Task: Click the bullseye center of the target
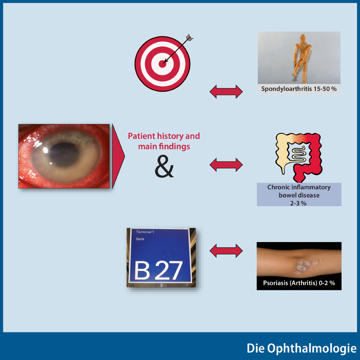[162, 64]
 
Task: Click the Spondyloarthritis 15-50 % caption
[299, 89]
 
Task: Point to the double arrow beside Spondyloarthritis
[226, 91]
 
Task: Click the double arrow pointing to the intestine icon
[226, 165]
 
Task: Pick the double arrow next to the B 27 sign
[226, 251]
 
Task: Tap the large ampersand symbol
[164, 166]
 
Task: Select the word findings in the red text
[174, 146]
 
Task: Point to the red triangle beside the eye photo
[118, 156]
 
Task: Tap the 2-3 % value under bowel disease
[298, 203]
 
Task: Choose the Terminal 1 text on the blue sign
[145, 232]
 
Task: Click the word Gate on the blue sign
[140, 239]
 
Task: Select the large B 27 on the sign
[158, 270]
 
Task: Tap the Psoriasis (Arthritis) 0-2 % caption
[299, 283]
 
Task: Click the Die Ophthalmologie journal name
[301, 348]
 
